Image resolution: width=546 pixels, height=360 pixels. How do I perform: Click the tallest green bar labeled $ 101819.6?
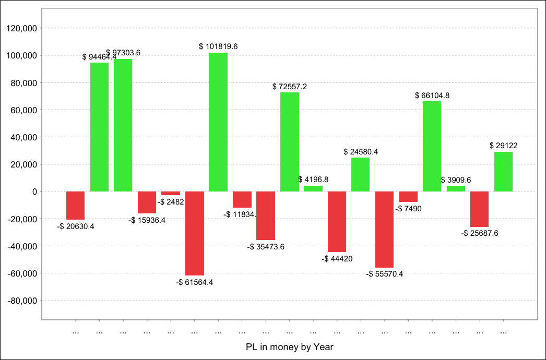pos(218,122)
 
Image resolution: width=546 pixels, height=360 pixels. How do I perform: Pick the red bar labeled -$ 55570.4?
pos(384,229)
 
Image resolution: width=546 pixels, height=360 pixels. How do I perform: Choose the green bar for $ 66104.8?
pos(432,146)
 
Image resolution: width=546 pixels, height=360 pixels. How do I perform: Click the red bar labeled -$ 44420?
pos(337,222)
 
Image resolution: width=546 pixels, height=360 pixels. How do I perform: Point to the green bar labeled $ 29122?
pos(503,172)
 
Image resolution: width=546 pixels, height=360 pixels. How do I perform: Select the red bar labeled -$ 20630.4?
pos(76,206)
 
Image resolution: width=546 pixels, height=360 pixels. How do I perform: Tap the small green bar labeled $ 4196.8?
pos(313,188)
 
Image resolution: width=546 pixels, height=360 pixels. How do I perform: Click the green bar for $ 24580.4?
pos(361,175)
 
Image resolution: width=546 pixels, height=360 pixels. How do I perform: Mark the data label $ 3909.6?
pos(456,180)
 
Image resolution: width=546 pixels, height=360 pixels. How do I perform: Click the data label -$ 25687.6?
pos(480,233)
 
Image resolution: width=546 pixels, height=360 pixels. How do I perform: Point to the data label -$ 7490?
pos(409,209)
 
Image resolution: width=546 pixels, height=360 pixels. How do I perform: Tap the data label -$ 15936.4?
pos(147,220)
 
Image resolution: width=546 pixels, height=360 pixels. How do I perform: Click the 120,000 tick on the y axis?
pos(21,28)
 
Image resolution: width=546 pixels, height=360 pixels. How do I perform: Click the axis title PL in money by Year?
pos(289,347)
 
